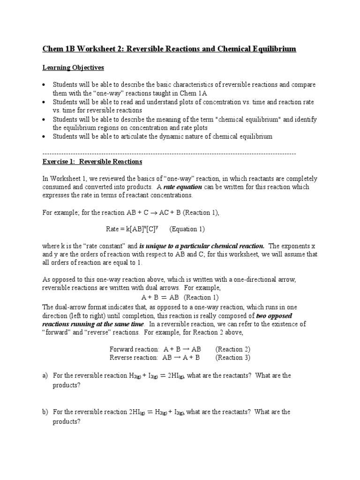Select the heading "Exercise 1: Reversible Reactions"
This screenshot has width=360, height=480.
(92, 162)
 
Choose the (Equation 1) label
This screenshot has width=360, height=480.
(187, 229)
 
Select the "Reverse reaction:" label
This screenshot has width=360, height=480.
(134, 358)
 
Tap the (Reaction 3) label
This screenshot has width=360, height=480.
(233, 358)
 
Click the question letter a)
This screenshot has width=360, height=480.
(45, 375)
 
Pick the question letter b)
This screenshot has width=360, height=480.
(45, 412)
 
